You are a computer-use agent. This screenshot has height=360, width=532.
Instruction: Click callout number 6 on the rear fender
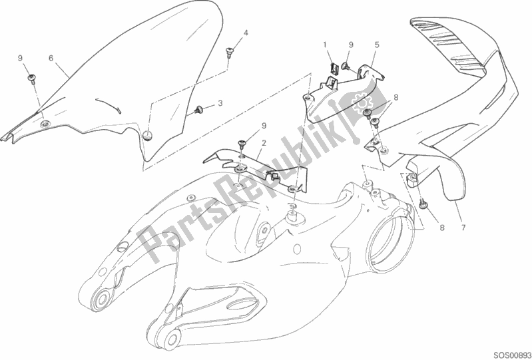pyautogui.click(x=51, y=59)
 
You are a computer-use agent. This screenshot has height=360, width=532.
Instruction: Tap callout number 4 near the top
pyautogui.click(x=246, y=33)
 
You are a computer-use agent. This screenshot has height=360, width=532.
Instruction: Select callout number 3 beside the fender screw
pyautogui.click(x=220, y=103)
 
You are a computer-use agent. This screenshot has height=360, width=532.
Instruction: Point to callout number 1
pyautogui.click(x=325, y=45)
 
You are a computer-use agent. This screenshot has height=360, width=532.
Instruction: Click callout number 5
pyautogui.click(x=377, y=45)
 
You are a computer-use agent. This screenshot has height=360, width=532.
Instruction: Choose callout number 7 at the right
pyautogui.click(x=463, y=228)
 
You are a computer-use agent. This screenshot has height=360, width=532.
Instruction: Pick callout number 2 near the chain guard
pyautogui.click(x=264, y=143)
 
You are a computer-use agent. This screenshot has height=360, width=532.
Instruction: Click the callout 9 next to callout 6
pyautogui.click(x=21, y=59)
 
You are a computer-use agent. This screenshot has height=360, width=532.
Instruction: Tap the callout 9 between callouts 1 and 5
pyautogui.click(x=351, y=45)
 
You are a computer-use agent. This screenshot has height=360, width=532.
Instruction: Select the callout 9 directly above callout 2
pyautogui.click(x=264, y=126)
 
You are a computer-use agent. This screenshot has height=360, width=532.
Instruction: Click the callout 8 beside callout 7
pyautogui.click(x=441, y=228)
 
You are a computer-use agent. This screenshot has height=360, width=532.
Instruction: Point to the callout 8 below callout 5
pyautogui.click(x=396, y=98)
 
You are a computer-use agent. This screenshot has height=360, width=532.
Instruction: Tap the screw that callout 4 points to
pyautogui.click(x=228, y=52)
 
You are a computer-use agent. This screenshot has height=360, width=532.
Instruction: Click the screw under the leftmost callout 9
pyautogui.click(x=32, y=79)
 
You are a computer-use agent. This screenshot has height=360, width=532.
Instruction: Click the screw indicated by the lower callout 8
pyautogui.click(x=423, y=204)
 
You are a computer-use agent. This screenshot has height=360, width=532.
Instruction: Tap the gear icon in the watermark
pyautogui.click(x=361, y=102)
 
